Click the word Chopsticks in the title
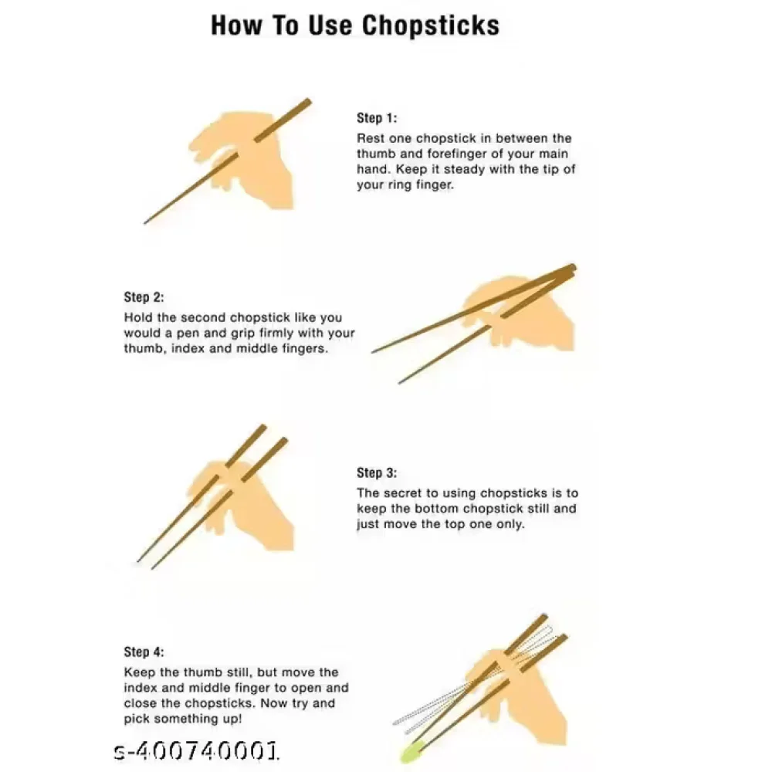[431, 25]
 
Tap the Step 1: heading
[376, 118]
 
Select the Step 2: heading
[144, 297]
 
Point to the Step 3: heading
[376, 472]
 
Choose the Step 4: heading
[144, 652]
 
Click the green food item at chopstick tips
[411, 748]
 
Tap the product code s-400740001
[195, 750]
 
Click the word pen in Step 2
[190, 334]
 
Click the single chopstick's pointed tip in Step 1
[145, 223]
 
